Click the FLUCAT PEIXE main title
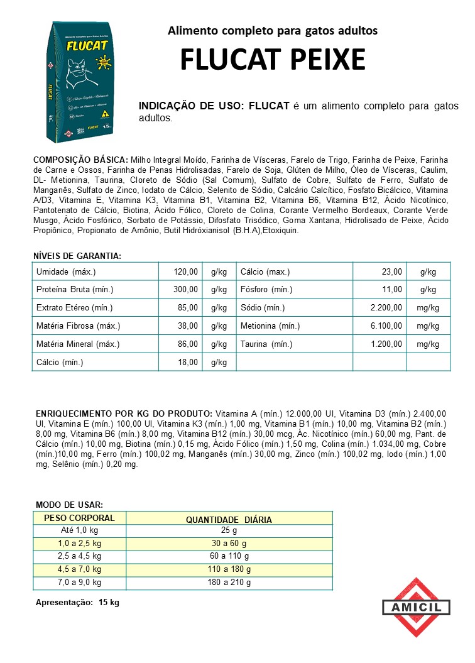click(x=273, y=60)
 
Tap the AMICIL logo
click(x=416, y=607)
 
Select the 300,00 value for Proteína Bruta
click(x=187, y=290)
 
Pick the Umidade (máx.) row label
click(x=66, y=271)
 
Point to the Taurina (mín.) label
click(x=266, y=344)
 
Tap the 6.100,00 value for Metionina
click(x=386, y=326)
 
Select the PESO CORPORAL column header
click(x=79, y=518)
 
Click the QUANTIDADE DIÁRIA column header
click(x=229, y=519)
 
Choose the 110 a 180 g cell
click(x=229, y=569)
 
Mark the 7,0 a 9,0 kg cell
click(x=79, y=583)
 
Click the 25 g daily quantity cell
click(x=229, y=531)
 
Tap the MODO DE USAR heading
click(x=69, y=505)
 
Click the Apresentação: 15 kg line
click(x=77, y=603)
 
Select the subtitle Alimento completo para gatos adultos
click(x=273, y=30)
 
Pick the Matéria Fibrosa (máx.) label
click(x=78, y=326)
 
